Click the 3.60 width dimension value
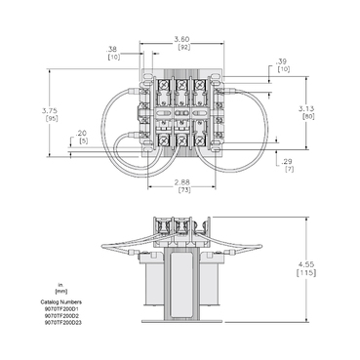pos(182,40)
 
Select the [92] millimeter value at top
pos(182,48)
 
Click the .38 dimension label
pos(113,49)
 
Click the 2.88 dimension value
pos(182,182)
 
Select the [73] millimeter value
pos(182,190)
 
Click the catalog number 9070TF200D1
pos(61,308)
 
